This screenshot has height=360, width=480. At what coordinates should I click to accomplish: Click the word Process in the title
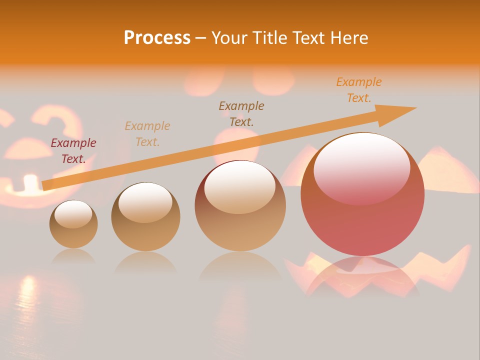pyautogui.click(x=157, y=38)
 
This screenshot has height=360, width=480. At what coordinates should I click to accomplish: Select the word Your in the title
pyautogui.click(x=228, y=38)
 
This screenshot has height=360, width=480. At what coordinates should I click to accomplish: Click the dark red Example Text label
pyautogui.click(x=73, y=151)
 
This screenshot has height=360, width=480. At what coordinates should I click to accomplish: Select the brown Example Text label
pyautogui.click(x=241, y=113)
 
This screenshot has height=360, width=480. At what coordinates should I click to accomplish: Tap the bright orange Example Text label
pyautogui.click(x=359, y=90)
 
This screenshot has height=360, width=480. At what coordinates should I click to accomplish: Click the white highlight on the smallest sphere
pyautogui.click(x=73, y=214)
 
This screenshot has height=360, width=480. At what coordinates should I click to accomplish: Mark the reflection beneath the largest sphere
pyautogui.click(x=362, y=275)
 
